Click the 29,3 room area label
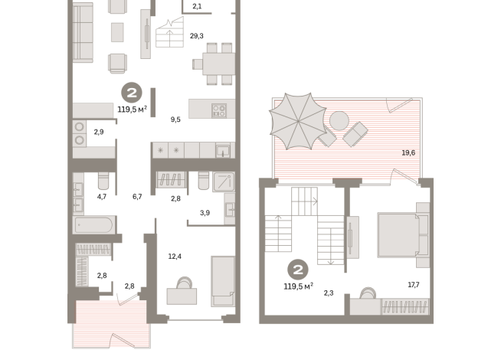point(197,36)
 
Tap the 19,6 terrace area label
point(408,152)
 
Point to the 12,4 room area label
point(175,256)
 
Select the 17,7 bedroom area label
point(414,285)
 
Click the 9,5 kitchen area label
point(175,119)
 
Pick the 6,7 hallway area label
point(137,196)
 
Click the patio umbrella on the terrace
point(298,121)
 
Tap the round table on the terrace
point(339,120)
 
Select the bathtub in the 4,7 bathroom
point(94,225)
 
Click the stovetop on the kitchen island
point(219,110)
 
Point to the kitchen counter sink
point(223,151)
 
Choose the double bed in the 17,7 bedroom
point(403,235)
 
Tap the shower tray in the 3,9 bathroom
point(224,182)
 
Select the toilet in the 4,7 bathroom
point(103,181)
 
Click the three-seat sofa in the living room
point(83,32)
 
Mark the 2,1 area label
point(197,6)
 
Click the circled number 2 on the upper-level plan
point(298,270)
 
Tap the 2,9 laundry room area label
point(99,132)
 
